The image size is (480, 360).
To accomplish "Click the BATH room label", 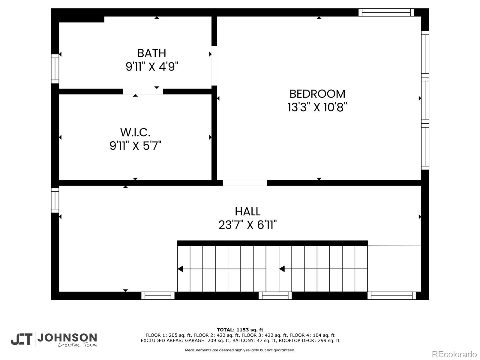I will click(151, 53).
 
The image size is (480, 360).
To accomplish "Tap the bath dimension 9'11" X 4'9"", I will click(152, 67).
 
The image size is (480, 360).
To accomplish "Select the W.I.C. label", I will click(135, 132).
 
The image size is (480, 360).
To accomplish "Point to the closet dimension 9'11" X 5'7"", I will click(135, 146).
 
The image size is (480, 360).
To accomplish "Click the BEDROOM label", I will click(317, 94).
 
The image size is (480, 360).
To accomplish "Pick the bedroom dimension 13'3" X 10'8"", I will click(317, 107).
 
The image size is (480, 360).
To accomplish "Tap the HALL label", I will click(247, 211).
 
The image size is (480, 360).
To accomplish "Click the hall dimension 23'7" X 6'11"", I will click(247, 225).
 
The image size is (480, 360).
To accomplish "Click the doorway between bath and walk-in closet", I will click(143, 91).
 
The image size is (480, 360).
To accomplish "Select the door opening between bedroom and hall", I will click(244, 183).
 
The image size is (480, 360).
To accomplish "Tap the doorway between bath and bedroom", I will click(214, 66).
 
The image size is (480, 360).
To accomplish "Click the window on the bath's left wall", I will click(55, 69).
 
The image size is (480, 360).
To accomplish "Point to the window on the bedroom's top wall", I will click(386, 12).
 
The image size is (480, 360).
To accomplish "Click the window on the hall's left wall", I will click(55, 200).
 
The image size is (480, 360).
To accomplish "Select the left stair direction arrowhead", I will click(180, 269).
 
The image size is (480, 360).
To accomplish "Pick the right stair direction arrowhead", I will click(282, 269).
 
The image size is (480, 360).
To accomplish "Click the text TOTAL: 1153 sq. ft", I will click(240, 330).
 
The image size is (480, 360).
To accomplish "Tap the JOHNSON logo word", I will click(67, 338).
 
